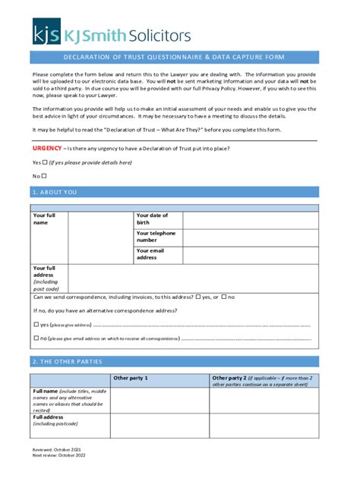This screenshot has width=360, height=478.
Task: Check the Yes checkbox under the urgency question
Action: (x=46, y=162)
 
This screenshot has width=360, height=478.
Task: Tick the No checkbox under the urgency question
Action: (x=44, y=176)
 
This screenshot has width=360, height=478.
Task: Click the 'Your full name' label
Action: (x=44, y=219)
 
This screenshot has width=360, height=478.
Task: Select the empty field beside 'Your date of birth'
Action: (x=249, y=219)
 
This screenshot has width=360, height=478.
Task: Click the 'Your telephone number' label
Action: (x=156, y=237)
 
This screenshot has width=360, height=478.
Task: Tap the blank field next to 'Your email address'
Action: (x=249, y=254)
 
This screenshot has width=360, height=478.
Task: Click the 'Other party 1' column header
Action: (x=130, y=378)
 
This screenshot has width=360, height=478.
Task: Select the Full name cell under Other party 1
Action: (x=159, y=400)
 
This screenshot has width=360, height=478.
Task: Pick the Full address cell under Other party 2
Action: (x=264, y=425)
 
